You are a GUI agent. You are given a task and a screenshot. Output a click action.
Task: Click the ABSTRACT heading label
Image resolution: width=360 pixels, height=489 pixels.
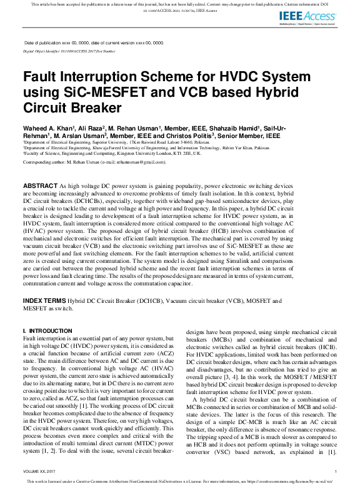[x=39, y=187]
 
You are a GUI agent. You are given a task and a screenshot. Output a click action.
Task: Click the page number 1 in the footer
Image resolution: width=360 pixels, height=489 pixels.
[x=336, y=471]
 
